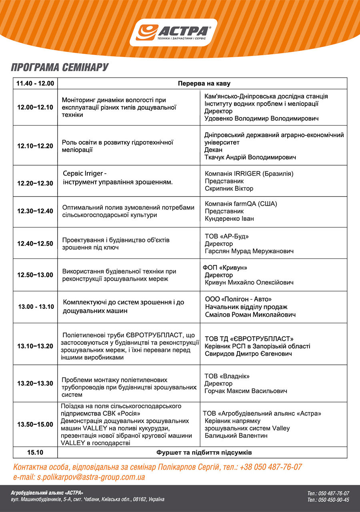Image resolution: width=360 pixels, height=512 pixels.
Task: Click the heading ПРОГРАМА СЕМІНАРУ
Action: coord(60,67)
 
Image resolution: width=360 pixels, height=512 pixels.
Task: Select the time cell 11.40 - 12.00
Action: coord(35,84)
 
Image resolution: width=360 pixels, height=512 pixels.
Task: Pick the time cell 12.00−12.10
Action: coord(35,108)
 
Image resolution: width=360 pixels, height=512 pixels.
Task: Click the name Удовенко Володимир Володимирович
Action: coord(262,118)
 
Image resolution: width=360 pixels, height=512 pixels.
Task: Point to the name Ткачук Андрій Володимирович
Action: coord(250,158)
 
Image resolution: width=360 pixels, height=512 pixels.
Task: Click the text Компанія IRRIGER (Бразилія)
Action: coord(249,174)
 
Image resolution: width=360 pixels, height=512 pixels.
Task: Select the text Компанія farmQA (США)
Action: coord(241,204)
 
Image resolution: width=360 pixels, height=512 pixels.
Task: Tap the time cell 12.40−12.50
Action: coord(35,243)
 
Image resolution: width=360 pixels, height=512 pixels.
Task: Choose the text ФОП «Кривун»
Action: coord(225,268)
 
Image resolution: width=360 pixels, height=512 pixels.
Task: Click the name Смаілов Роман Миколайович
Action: coord(250,315)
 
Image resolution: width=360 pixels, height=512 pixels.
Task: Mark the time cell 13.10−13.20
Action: coord(35,346)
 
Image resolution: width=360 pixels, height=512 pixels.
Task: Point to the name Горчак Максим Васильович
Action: coord(246,391)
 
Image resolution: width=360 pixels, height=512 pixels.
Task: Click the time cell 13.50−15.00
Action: coord(35,424)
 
